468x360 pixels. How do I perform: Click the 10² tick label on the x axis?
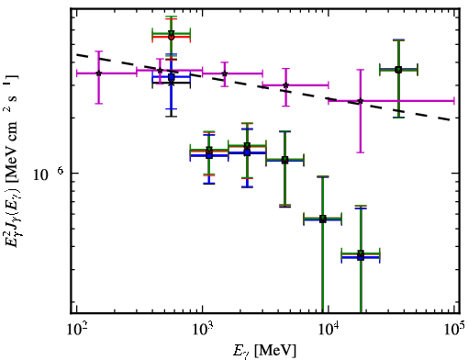(76, 329)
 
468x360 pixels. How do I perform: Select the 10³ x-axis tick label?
(203, 329)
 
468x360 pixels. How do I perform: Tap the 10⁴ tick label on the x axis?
(329, 329)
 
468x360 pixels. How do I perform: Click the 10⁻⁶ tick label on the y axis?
(49, 174)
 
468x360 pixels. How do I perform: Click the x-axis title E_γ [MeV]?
(264, 351)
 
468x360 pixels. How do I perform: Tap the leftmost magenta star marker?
(98, 73)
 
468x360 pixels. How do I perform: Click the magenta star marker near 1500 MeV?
(225, 73)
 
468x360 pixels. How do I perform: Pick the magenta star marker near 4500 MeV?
(285, 85)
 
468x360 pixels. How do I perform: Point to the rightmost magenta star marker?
(361, 101)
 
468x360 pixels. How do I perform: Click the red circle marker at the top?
(172, 37)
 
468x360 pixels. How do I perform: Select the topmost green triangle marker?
(172, 33)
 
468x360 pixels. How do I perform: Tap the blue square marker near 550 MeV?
(172, 77)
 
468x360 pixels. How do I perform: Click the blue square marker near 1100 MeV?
(209, 155)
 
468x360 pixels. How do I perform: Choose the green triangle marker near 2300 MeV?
(247, 145)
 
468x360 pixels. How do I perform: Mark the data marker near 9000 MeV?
(323, 219)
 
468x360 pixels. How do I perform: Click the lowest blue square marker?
(361, 257)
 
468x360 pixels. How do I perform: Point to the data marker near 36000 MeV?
(398, 70)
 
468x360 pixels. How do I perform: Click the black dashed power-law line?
(263, 87)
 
